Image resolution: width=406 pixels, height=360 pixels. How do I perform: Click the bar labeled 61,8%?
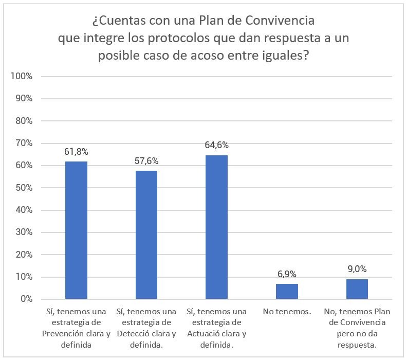coord(76,230)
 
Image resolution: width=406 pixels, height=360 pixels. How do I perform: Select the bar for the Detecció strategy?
coord(146,235)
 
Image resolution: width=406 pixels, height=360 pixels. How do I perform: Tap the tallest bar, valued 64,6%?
coord(216,227)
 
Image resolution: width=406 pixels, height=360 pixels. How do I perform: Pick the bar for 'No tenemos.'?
coord(287,291)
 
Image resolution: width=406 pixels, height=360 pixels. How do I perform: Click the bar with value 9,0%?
coord(357,289)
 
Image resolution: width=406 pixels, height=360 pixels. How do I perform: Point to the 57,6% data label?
coord(146,161)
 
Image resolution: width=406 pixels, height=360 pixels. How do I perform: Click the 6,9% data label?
coord(287,274)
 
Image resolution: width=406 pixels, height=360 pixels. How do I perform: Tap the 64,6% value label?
coord(216,146)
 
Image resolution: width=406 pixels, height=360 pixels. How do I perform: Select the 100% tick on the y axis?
coord(22,77)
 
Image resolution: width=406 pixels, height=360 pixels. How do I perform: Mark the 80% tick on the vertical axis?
coord(23,121)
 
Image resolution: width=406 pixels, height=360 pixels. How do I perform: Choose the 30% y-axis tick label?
coord(23,232)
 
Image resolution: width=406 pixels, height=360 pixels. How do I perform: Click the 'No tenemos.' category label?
coord(287,312)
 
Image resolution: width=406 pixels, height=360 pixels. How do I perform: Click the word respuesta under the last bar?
coord(357,344)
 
